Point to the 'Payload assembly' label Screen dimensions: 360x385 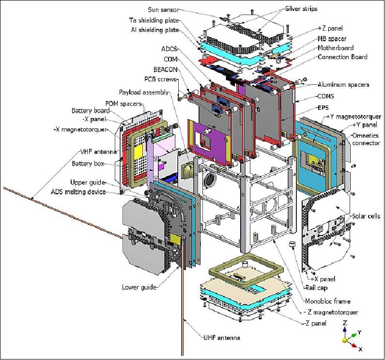point(144,92)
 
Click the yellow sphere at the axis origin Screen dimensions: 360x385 point(345,340)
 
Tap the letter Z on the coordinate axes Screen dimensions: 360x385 point(344,322)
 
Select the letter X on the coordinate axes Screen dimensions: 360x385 point(360,347)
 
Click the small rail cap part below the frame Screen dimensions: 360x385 point(293,245)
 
